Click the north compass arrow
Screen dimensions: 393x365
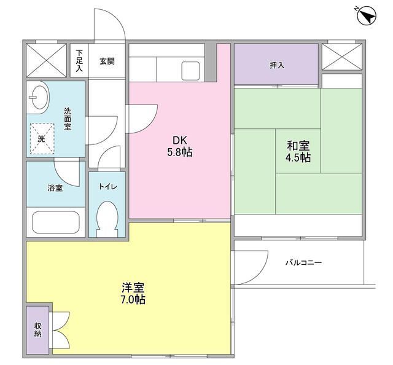pyautogui.click(x=367, y=16)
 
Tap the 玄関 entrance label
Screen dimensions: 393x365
pyautogui.click(x=107, y=61)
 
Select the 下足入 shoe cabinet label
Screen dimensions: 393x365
pyautogui.click(x=79, y=61)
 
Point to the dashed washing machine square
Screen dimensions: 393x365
pyautogui.click(x=42, y=138)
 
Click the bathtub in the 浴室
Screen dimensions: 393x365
pyautogui.click(x=56, y=222)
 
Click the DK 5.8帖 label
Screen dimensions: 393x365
pyautogui.click(x=180, y=146)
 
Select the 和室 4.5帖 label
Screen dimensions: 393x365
pyautogui.click(x=298, y=151)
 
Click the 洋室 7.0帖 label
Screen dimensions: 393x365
pyautogui.click(x=133, y=294)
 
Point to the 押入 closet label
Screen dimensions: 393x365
pyautogui.click(x=277, y=65)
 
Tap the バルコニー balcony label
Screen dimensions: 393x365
pyautogui.click(x=304, y=262)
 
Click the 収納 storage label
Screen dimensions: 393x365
pyautogui.click(x=38, y=330)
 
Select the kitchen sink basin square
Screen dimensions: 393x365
pyautogui.click(x=190, y=71)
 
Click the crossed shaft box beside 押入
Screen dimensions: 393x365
pyautogui.click(x=342, y=57)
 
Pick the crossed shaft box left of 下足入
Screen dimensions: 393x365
pyautogui.click(x=47, y=60)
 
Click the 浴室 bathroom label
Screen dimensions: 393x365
pyautogui.click(x=55, y=188)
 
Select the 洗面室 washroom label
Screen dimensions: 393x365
pyautogui.click(x=68, y=119)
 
